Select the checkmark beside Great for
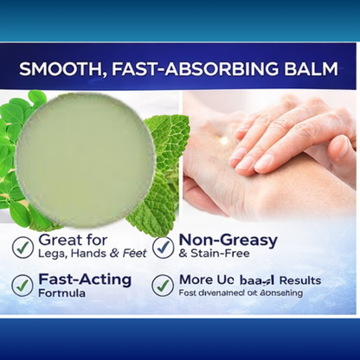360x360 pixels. point(23,247)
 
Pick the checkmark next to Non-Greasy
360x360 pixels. point(163,247)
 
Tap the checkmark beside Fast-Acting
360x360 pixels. point(23,285)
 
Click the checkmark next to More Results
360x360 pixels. point(163,285)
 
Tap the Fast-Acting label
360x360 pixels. point(84,279)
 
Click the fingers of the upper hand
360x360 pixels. point(268,138)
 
